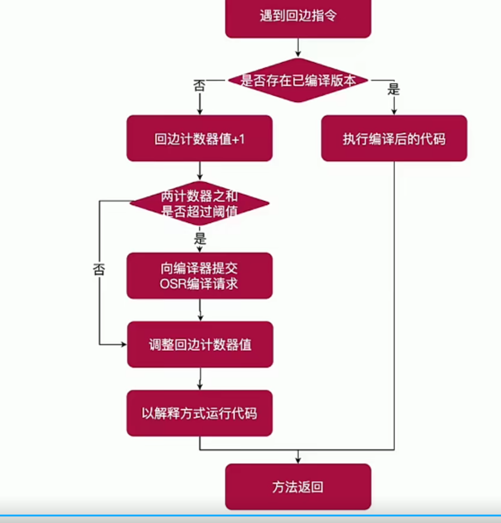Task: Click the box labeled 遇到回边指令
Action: (x=297, y=17)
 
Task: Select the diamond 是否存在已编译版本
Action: (x=297, y=80)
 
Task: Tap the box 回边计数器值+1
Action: (x=199, y=139)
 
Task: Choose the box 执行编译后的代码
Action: (x=394, y=139)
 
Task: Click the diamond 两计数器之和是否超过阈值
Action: (x=199, y=203)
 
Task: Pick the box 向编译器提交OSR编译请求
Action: (x=199, y=276)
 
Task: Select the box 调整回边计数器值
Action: (x=199, y=345)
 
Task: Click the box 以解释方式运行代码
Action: (x=199, y=413)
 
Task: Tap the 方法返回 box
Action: (x=297, y=487)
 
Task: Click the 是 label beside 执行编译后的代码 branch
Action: (x=394, y=90)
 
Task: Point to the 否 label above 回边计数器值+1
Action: (x=199, y=85)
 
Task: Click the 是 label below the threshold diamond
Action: (x=200, y=239)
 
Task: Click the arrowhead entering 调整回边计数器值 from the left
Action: (x=123, y=345)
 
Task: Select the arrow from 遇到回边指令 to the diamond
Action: (x=297, y=48)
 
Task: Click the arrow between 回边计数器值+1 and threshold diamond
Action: (x=199, y=171)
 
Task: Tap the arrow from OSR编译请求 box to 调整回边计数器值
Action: (x=199, y=310)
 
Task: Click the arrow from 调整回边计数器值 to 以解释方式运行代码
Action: (x=199, y=379)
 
